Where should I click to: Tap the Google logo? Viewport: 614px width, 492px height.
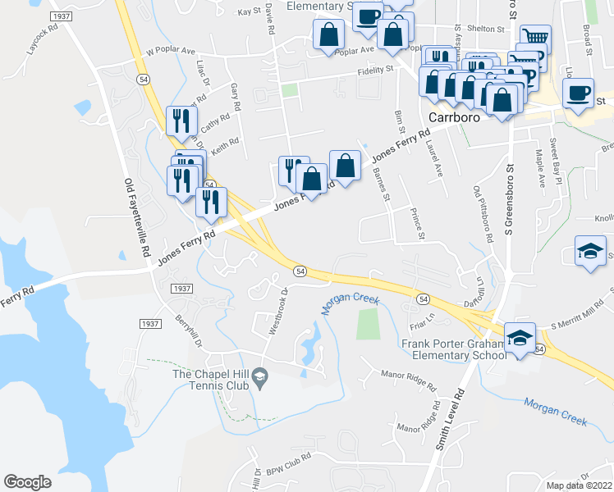click(x=27, y=481)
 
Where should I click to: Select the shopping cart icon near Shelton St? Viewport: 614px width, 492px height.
click(x=535, y=38)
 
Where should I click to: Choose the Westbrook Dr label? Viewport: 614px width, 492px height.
click(x=279, y=312)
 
